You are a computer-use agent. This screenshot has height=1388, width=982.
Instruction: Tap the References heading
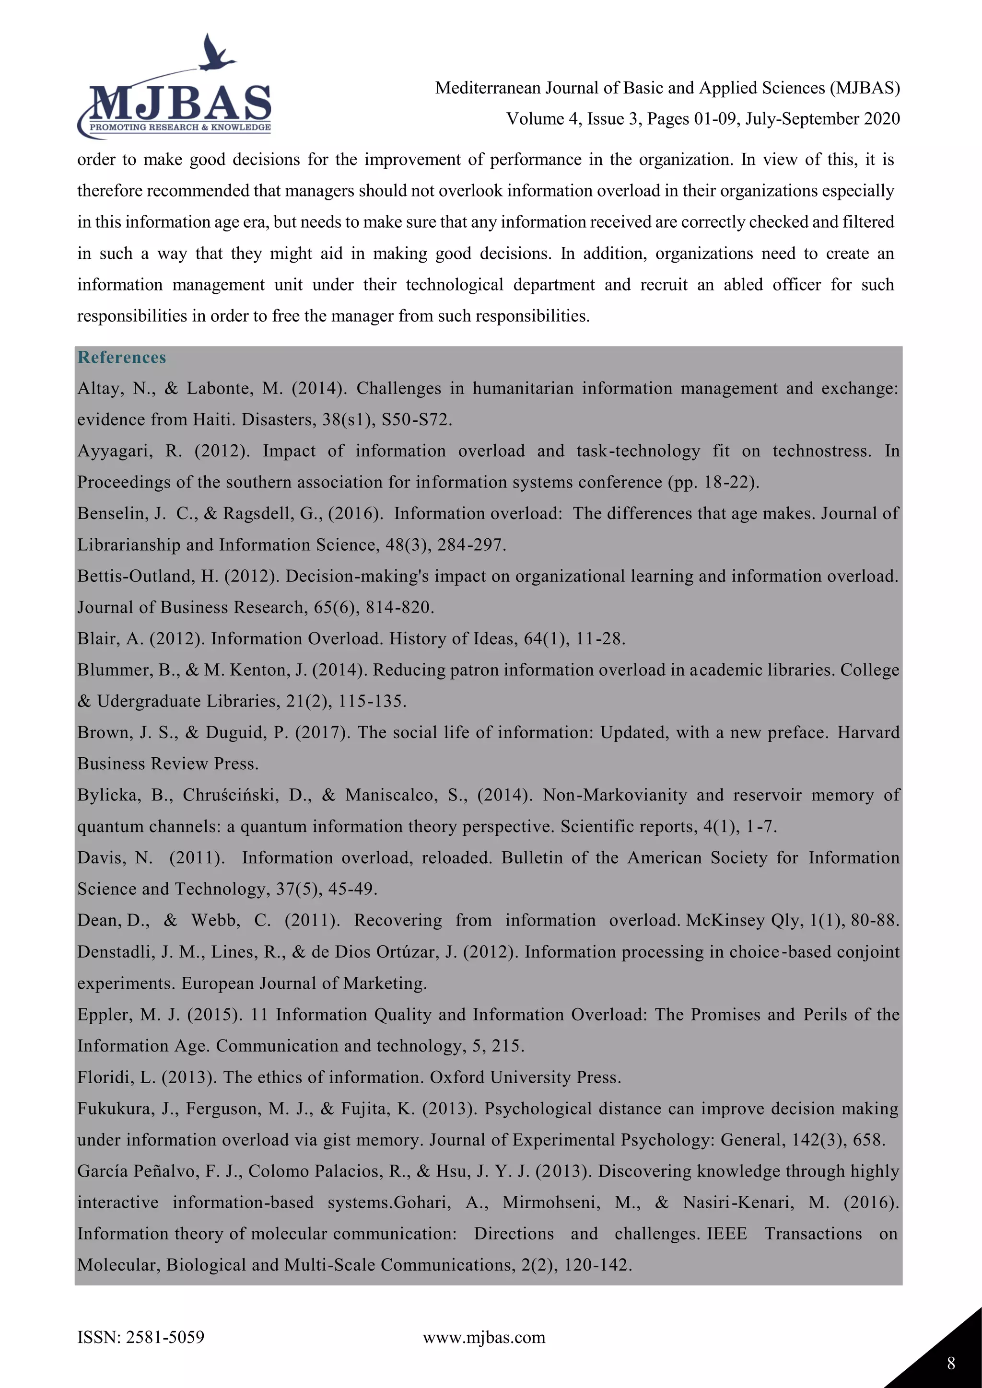[x=121, y=357]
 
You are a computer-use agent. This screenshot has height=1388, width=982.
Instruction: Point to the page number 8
[x=951, y=1363]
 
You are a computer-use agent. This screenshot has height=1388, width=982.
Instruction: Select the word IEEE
[x=727, y=1234]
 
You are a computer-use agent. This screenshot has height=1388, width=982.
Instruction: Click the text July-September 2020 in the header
[x=822, y=118]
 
